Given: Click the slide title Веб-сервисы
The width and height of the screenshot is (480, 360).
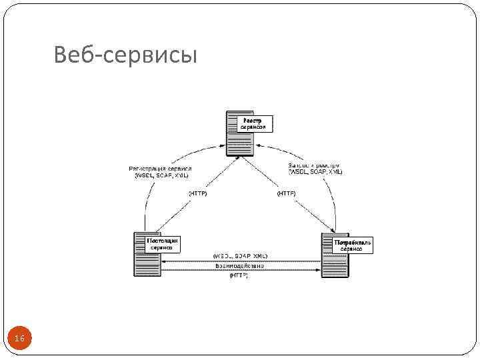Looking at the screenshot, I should click(x=126, y=55).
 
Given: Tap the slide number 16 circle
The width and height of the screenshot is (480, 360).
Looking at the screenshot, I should click(x=19, y=340).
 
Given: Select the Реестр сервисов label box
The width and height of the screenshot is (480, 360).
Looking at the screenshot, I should click(x=253, y=123).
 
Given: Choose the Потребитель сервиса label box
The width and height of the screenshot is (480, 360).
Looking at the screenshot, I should click(x=353, y=245).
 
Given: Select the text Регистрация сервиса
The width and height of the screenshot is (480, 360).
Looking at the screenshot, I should click(x=160, y=169).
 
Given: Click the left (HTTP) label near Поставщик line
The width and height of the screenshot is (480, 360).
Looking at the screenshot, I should click(x=198, y=193).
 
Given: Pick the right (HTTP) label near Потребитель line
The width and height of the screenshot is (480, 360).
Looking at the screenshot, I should click(x=286, y=193).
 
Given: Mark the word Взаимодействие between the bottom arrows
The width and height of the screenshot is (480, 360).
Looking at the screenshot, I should click(x=239, y=265).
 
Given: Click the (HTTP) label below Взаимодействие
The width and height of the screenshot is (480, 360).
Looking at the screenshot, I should click(x=239, y=275).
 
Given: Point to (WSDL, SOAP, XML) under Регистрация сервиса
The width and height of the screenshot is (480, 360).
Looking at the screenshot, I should click(x=161, y=176).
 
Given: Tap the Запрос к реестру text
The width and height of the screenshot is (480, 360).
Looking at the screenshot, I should click(x=313, y=164).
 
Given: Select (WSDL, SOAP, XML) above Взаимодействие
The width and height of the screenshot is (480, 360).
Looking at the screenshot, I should click(x=240, y=256).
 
